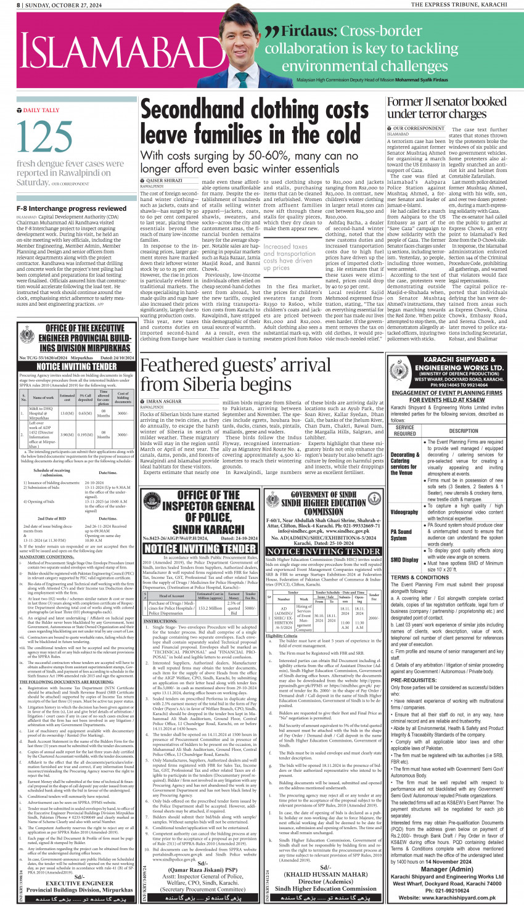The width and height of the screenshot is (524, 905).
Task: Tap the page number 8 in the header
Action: (x=19, y=4)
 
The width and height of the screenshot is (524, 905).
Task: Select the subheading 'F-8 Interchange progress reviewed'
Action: (x=72, y=208)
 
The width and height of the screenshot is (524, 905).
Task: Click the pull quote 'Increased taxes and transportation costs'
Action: (x=285, y=256)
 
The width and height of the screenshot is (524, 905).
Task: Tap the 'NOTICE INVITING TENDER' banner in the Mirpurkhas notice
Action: (x=76, y=366)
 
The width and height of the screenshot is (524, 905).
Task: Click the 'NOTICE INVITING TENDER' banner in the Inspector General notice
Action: (x=199, y=548)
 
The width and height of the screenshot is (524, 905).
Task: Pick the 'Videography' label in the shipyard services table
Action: (x=404, y=512)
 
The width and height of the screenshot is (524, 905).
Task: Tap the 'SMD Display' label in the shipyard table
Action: (x=404, y=560)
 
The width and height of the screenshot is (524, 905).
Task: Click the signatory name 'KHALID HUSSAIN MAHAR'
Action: (x=326, y=874)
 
